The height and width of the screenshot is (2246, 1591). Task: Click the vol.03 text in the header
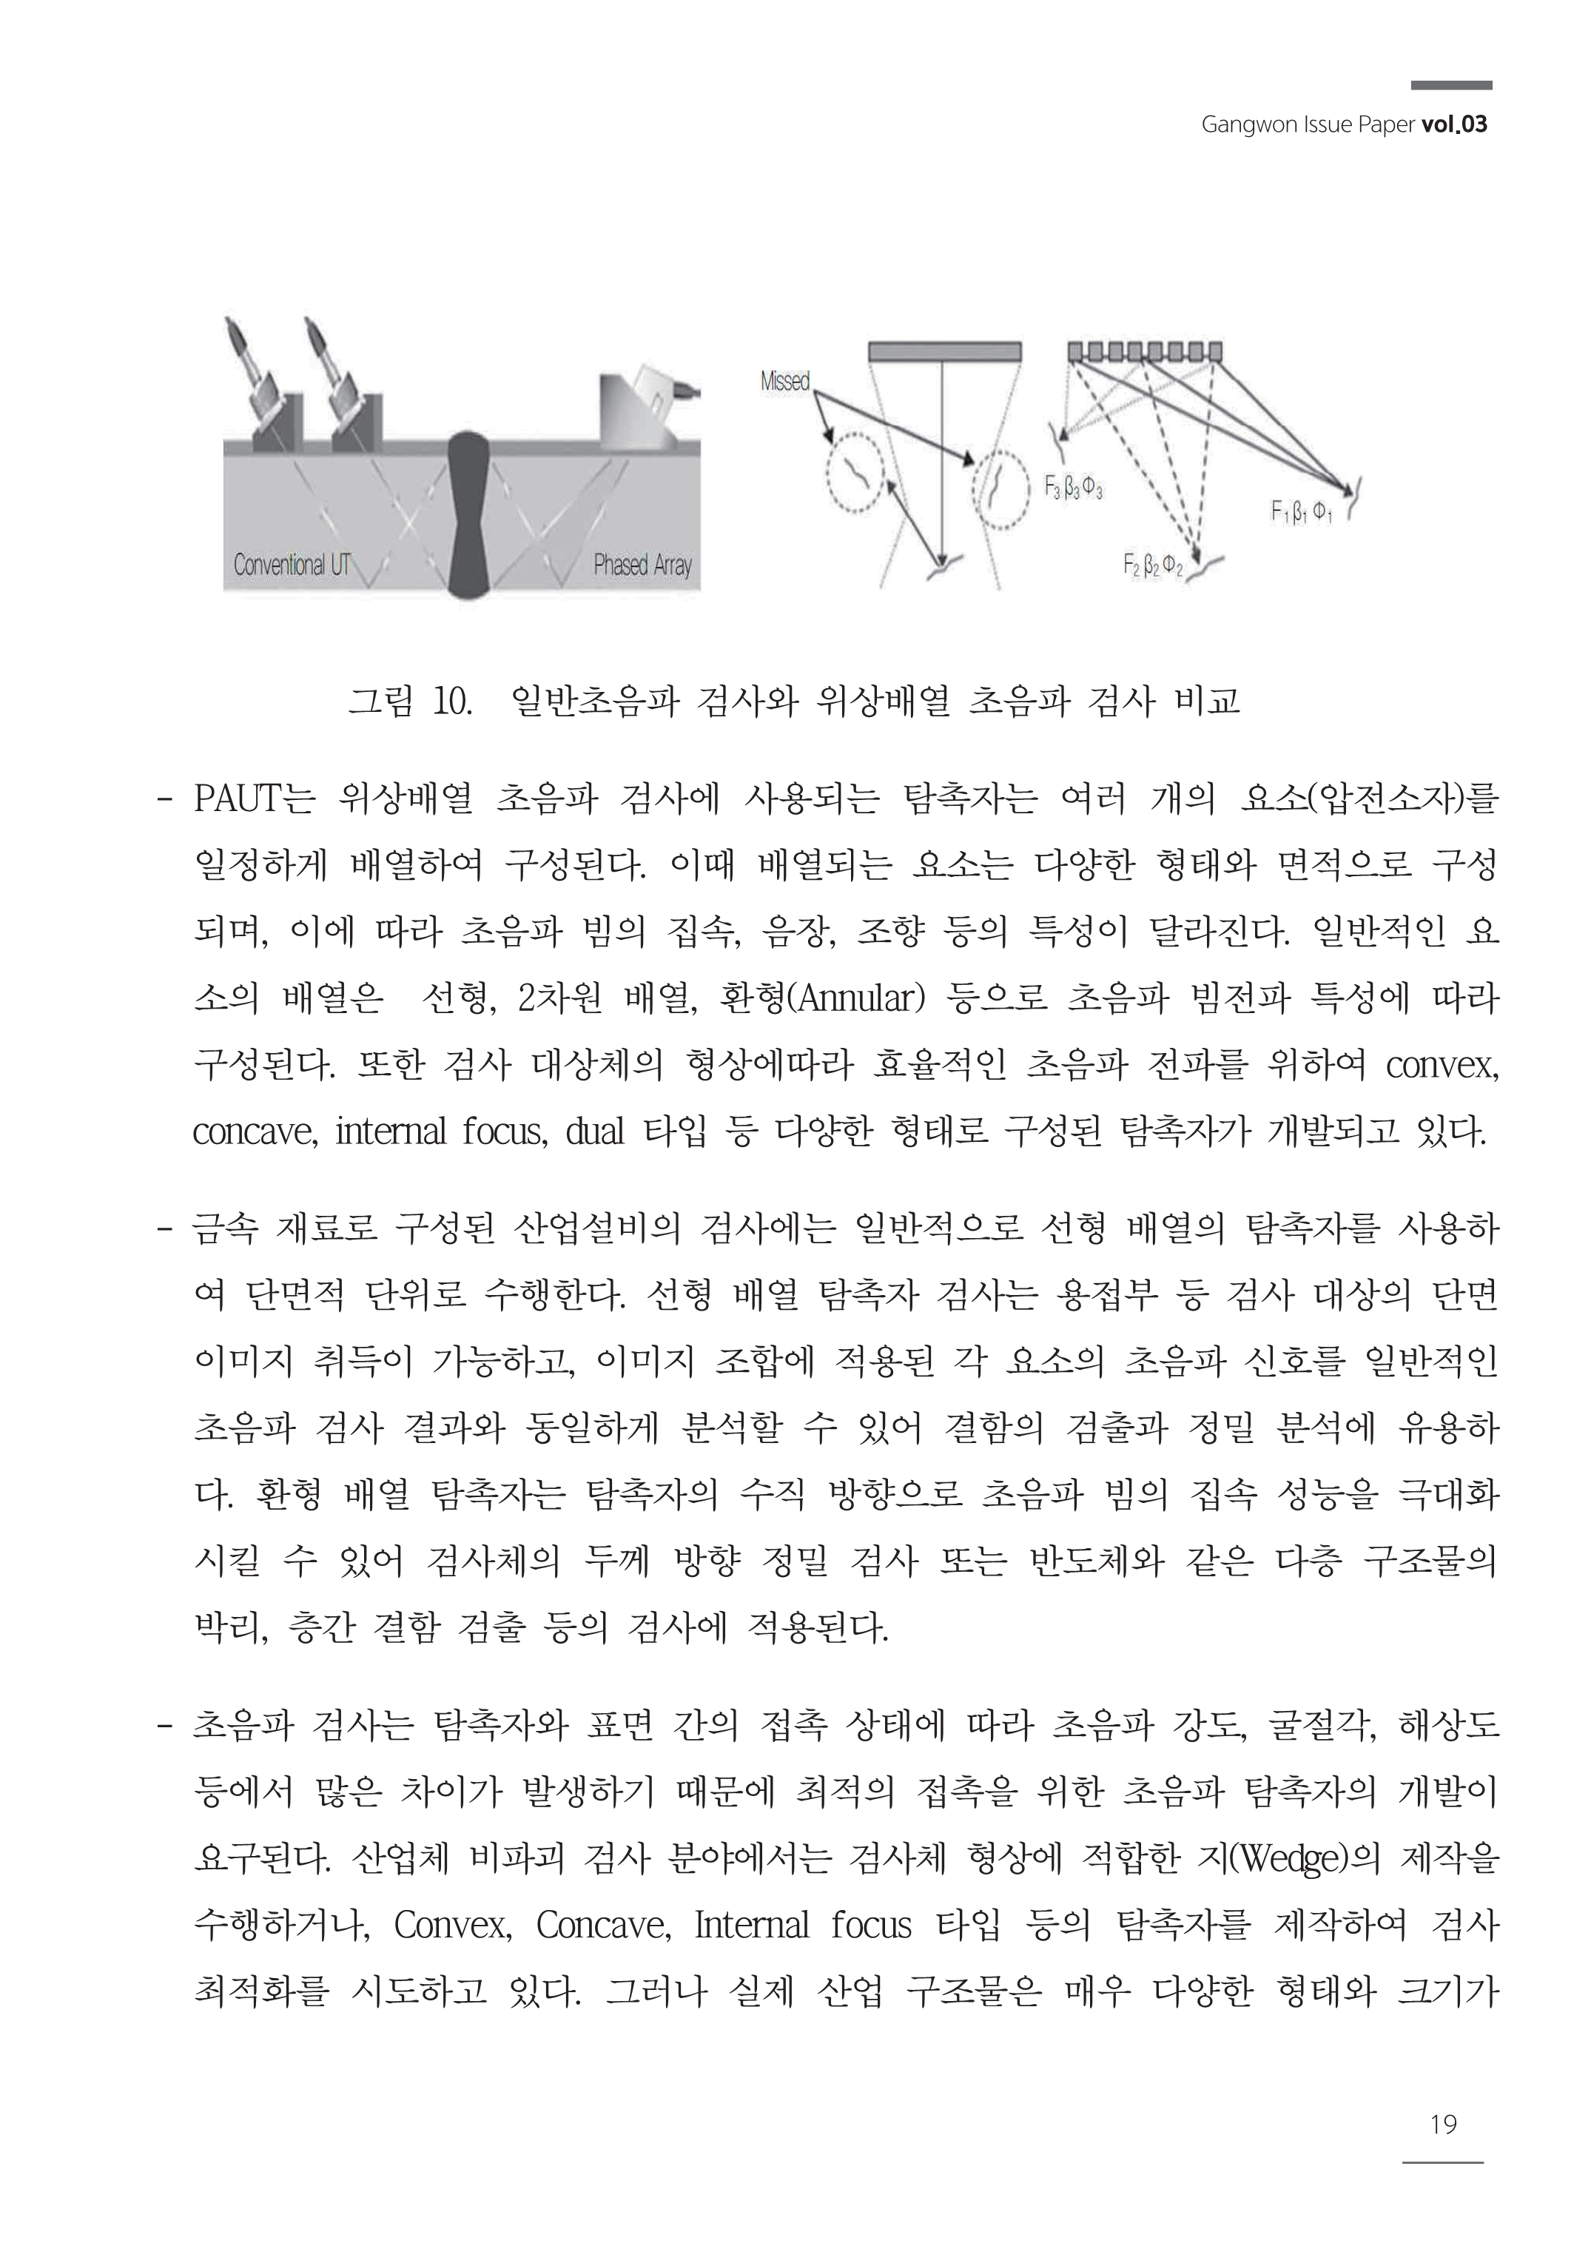point(1454,124)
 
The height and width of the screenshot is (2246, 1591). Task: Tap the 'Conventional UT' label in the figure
point(291,565)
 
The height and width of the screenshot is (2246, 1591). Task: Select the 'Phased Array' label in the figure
point(642,565)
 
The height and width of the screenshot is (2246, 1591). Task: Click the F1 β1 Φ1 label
point(1300,511)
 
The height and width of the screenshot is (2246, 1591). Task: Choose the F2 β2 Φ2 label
point(1152,565)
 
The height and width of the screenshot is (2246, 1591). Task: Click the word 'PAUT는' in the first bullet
point(254,799)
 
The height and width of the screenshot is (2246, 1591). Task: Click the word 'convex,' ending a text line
point(1442,1065)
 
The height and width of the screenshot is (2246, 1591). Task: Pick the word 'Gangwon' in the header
point(1237,124)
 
